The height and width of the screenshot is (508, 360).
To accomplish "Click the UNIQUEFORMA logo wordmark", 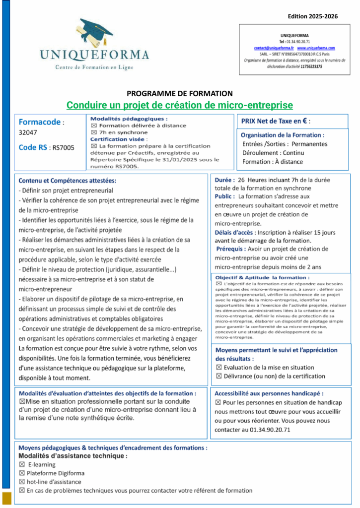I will point(94,55).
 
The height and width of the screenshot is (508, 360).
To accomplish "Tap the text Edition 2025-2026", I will point(312,16).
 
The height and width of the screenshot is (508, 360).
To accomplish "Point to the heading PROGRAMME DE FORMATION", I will point(180,93).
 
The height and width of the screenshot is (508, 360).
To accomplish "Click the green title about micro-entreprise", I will point(180,105).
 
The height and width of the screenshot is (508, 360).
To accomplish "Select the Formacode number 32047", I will point(28,132).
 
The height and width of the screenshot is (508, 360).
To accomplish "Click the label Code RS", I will point(34,147).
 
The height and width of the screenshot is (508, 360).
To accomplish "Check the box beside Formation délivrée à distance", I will point(93,126).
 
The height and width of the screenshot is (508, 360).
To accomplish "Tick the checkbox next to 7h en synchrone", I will point(93,132).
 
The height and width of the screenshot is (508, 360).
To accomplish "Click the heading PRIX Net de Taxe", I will point(276,121).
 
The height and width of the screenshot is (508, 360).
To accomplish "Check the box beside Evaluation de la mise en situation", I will point(219,368).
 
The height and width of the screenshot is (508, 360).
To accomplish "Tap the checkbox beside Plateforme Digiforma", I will point(22,473).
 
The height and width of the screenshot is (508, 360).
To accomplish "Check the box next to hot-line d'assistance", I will point(22,482).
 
